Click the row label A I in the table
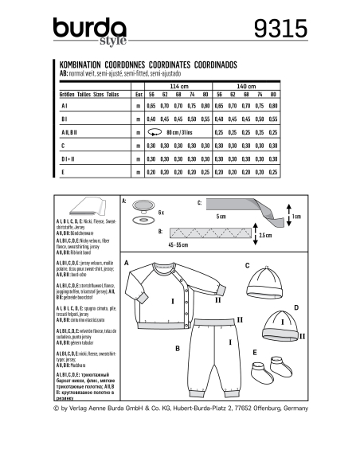(65, 105)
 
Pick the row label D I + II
(66, 159)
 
